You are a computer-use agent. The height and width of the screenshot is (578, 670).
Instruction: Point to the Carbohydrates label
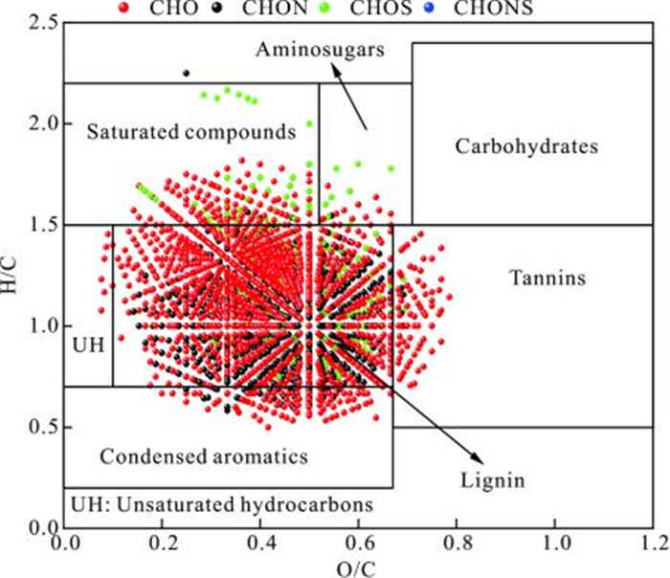pos(526,146)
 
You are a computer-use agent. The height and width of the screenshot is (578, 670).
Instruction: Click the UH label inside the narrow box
pos(87,342)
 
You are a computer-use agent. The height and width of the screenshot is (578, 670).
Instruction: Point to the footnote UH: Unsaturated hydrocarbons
pos(220,502)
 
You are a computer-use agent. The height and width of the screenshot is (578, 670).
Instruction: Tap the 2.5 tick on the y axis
pos(42,22)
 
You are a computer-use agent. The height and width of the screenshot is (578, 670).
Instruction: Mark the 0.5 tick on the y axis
pos(42,427)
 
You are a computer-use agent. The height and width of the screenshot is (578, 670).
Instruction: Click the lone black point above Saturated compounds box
pos(187,73)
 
